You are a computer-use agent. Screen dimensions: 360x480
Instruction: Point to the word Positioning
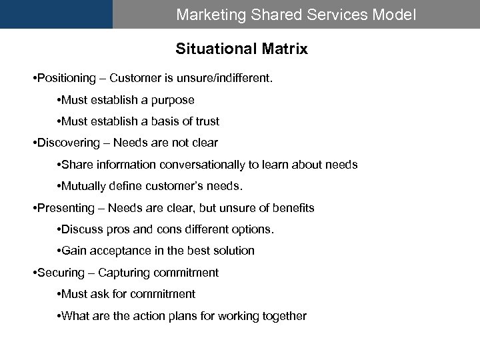67,79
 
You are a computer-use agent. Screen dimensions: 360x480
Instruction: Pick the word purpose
173,101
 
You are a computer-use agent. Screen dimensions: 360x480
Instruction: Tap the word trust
205,122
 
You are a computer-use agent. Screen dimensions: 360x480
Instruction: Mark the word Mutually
83,186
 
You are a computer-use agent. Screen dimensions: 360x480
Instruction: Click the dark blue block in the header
56,14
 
